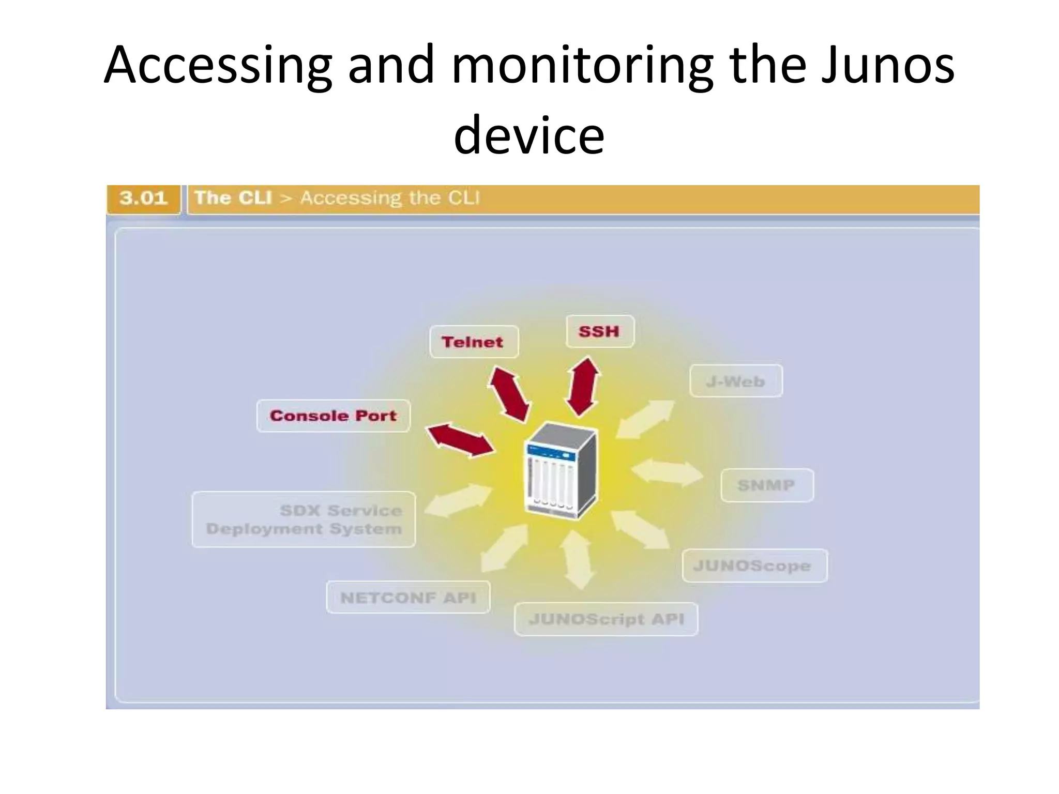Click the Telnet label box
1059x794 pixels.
[473, 342]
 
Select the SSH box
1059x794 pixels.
[599, 331]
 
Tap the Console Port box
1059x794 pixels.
[333, 416]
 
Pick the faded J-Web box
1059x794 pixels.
[735, 381]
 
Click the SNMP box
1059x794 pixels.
[766, 485]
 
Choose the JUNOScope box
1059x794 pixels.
[754, 566]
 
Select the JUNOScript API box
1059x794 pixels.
[606, 619]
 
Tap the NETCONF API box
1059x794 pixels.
[408, 598]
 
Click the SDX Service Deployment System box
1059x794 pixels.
[304, 520]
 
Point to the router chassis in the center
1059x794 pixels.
[561, 470]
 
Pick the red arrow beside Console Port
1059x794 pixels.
[460, 440]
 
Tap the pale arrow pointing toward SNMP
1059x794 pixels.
[667, 471]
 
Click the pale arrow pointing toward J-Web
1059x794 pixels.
[645, 419]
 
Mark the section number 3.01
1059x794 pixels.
[143, 198]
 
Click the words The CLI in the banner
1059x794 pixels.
[234, 198]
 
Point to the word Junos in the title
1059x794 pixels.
[887, 66]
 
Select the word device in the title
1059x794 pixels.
[528, 135]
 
